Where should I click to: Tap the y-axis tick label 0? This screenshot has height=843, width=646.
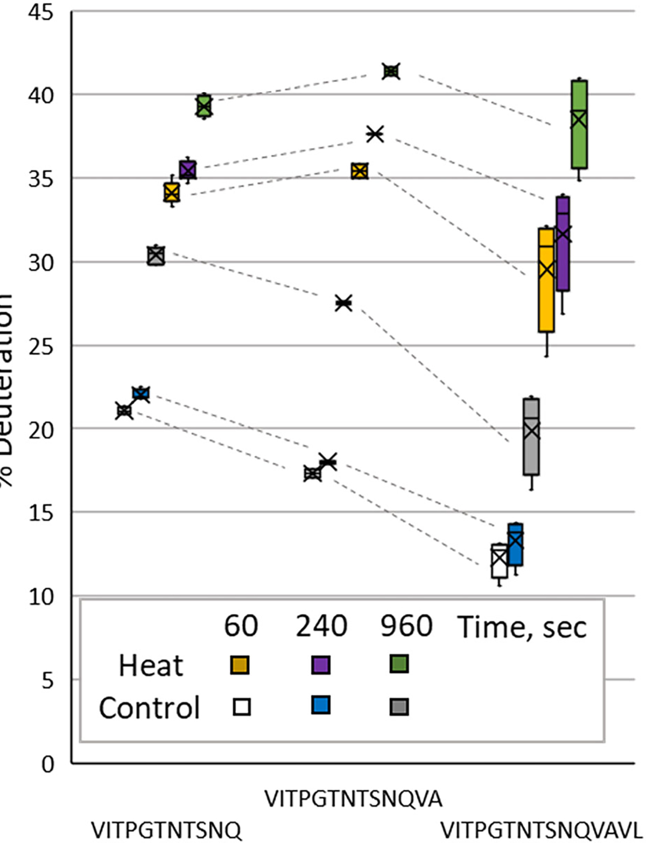pos(48,763)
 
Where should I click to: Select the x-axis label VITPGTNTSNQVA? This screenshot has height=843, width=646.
pos(353,799)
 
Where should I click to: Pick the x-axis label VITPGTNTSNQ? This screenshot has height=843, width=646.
pos(166,830)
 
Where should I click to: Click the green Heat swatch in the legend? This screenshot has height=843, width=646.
pos(399,664)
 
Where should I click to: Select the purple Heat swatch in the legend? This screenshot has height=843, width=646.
pos(321,665)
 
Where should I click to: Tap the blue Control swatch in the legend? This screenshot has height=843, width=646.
pos(321,705)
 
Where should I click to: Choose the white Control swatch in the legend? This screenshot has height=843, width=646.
pos(242,706)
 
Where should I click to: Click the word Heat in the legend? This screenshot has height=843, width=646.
pos(151,666)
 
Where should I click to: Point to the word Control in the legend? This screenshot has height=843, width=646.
pos(149,707)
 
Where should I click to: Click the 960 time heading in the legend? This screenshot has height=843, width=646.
pos(406,626)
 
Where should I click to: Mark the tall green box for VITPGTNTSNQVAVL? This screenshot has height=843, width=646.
pos(579,125)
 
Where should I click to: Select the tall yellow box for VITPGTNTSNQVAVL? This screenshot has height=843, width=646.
pos(546,280)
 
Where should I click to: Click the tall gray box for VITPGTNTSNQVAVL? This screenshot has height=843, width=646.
pos(531,437)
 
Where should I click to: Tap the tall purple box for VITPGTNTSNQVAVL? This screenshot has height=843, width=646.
pos(563,243)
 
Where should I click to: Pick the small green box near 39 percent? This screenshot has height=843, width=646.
pos(204,106)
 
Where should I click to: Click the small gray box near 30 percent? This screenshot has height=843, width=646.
pos(156,256)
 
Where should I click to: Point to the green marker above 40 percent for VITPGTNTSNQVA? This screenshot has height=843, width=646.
pos(391,71)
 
